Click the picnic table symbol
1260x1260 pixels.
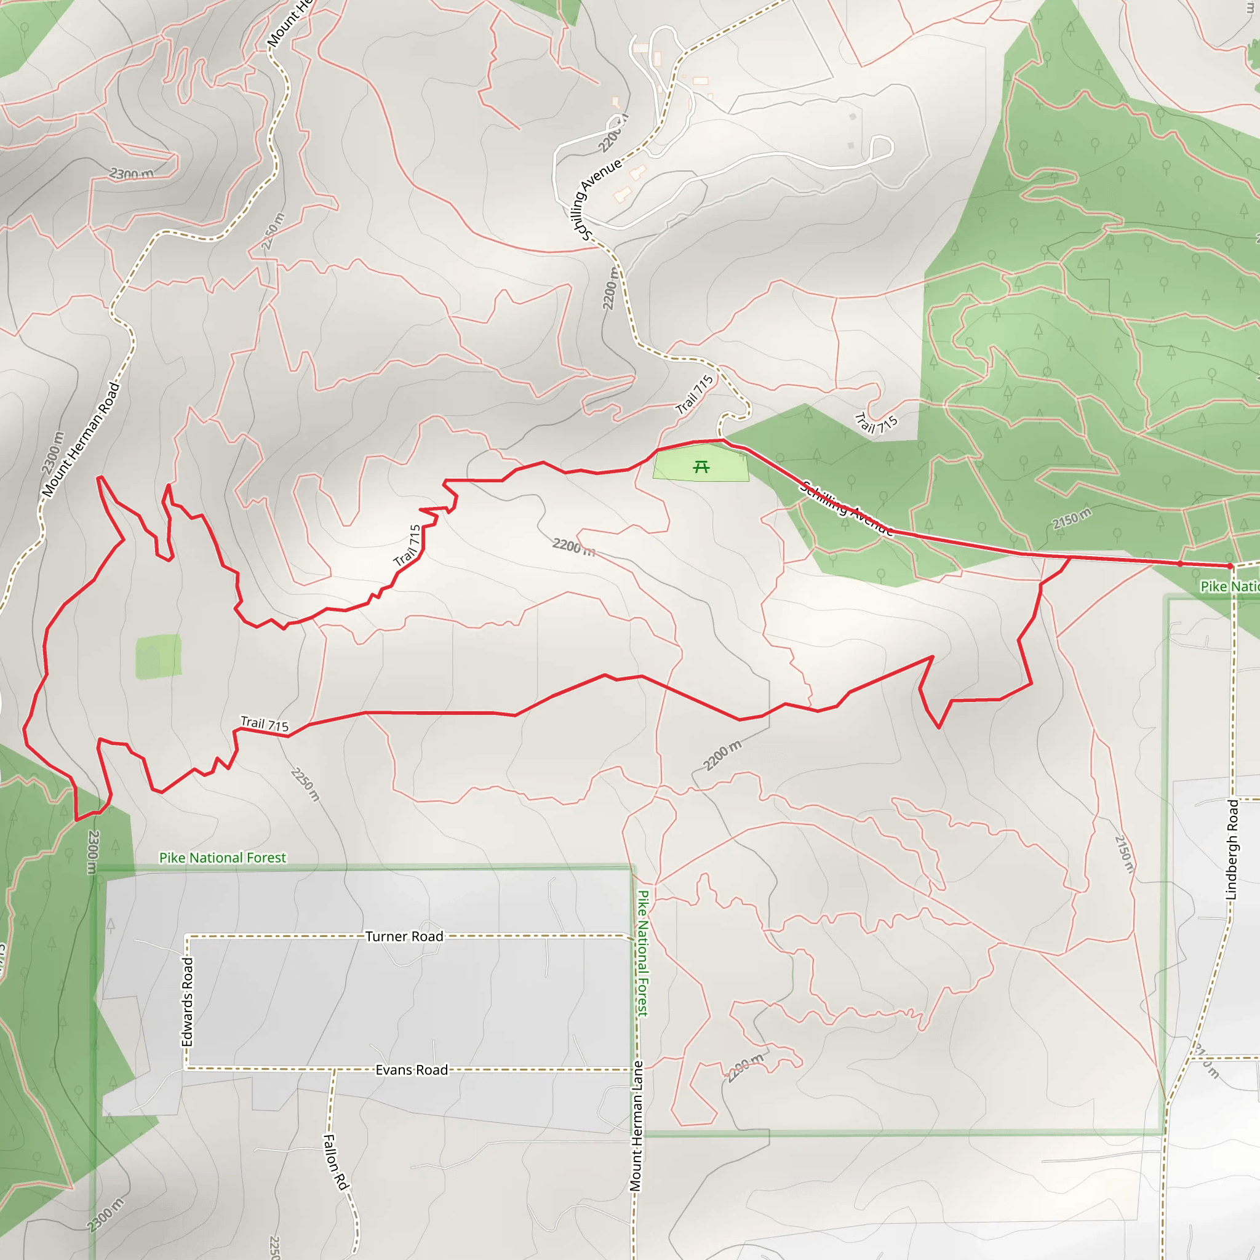click(x=701, y=467)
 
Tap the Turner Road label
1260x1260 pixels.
click(x=404, y=936)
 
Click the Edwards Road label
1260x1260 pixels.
click(x=188, y=1002)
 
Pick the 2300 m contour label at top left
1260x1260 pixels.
click(x=132, y=173)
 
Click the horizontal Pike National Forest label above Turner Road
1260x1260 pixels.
click(x=222, y=858)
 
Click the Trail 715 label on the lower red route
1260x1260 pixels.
click(x=264, y=724)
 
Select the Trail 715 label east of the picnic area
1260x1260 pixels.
click(x=876, y=424)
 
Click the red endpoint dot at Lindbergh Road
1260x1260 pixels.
click(x=1229, y=566)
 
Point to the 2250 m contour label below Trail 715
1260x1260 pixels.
click(x=305, y=784)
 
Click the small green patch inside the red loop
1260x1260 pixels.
click(x=159, y=656)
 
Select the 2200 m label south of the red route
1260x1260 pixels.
click(x=722, y=756)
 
